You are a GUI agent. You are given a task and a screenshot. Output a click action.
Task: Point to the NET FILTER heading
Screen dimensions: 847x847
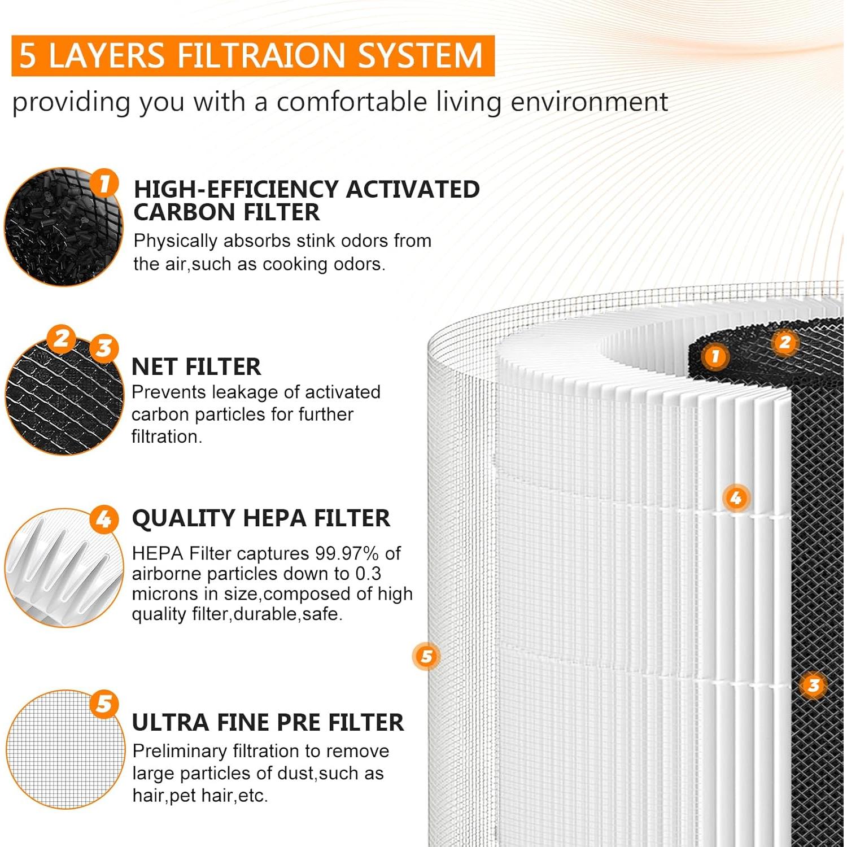[x=196, y=367]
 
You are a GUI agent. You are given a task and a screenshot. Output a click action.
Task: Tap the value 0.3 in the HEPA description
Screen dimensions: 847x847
[x=368, y=574]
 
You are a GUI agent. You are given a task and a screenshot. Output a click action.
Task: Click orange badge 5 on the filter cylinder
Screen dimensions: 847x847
[x=426, y=656]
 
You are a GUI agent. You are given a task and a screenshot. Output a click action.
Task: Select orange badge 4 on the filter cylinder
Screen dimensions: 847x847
[x=735, y=498]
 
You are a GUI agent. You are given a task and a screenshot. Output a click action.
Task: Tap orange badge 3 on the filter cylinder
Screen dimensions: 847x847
[x=813, y=685]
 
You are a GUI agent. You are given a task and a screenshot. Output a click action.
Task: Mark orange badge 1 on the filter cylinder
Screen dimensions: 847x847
[x=715, y=356]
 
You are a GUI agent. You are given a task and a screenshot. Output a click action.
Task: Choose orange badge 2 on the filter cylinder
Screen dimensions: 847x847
[x=785, y=342]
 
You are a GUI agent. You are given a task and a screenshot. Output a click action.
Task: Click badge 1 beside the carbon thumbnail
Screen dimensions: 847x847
[x=104, y=184]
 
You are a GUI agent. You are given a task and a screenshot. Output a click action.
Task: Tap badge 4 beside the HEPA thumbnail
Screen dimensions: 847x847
[x=104, y=519]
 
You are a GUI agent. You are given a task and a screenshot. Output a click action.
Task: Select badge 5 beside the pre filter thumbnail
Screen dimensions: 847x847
[x=104, y=704]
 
